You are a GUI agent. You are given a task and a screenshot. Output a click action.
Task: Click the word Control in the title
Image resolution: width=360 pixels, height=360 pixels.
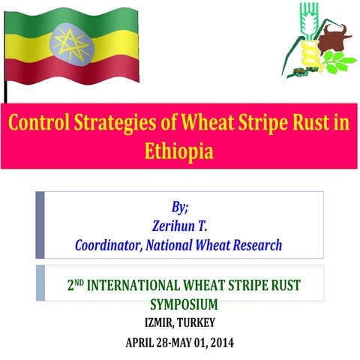click(x=38, y=121)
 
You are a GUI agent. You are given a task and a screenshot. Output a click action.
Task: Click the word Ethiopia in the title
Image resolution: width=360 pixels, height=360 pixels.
click(x=180, y=150)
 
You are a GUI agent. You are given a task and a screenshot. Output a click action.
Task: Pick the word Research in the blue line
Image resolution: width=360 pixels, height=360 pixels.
click(x=256, y=244)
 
